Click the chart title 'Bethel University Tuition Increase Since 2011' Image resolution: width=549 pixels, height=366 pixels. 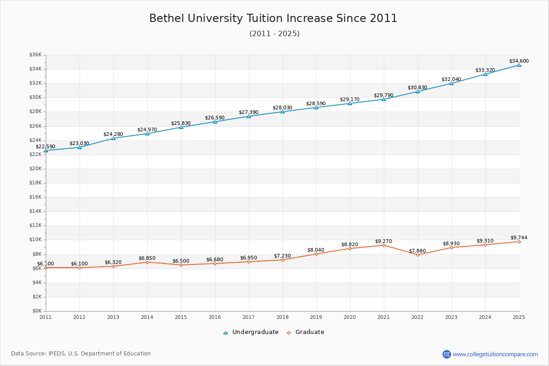pyautogui.click(x=273, y=18)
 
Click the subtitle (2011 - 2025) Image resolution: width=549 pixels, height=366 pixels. pyautogui.click(x=274, y=34)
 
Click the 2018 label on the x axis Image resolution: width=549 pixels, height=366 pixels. pyautogui.click(x=282, y=317)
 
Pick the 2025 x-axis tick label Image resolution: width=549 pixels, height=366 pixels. pyautogui.click(x=519, y=317)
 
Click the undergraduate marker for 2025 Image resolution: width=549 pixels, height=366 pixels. pyautogui.click(x=519, y=65)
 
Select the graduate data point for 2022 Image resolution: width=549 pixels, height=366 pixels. pyautogui.click(x=417, y=255)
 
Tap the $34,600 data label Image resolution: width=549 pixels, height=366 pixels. pyautogui.click(x=519, y=61)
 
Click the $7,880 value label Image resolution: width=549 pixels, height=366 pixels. pyautogui.click(x=417, y=251)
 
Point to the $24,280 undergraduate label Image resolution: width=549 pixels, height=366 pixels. pyautogui.click(x=113, y=134)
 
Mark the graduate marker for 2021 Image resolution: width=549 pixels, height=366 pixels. pyautogui.click(x=383, y=245)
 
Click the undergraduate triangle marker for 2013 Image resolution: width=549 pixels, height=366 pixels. pyautogui.click(x=113, y=138)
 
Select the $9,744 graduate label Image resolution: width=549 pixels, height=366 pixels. pyautogui.click(x=519, y=237)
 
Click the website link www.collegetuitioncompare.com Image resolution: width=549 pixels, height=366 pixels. pyautogui.click(x=495, y=354)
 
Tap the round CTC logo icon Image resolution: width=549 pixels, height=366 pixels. pyautogui.click(x=447, y=354)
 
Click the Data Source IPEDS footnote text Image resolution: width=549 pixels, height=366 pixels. pyautogui.click(x=81, y=354)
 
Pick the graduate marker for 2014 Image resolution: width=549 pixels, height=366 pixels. pyautogui.click(x=147, y=262)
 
